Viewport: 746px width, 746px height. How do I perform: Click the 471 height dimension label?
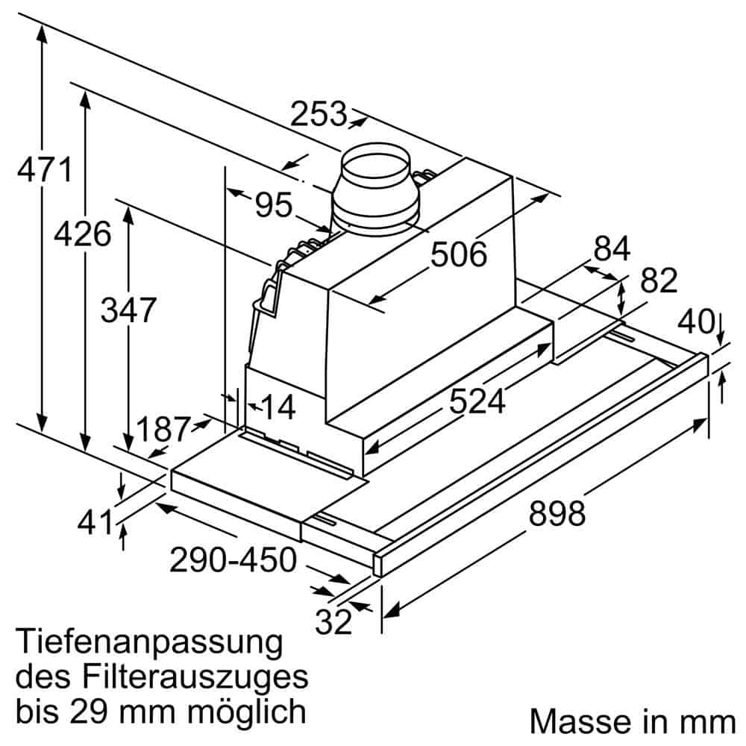click(45, 170)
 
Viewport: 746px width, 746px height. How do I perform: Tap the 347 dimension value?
click(128, 310)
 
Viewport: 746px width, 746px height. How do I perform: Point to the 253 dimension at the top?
click(319, 115)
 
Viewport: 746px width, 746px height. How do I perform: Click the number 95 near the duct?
click(273, 204)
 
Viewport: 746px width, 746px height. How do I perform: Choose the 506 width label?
click(458, 255)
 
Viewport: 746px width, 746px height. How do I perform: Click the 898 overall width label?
click(557, 513)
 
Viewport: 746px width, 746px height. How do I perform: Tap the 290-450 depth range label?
click(233, 559)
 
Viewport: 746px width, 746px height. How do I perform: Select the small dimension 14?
click(277, 408)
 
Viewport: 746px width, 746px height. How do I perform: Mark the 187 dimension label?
click(163, 430)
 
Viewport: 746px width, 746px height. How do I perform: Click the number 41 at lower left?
click(95, 522)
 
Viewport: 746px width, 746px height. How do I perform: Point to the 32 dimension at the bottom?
click(333, 621)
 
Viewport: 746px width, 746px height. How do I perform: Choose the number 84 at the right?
click(612, 249)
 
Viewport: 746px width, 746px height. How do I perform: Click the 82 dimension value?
click(659, 281)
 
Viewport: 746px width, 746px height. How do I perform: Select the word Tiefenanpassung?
click(149, 642)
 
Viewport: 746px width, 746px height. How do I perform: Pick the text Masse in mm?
click(632, 721)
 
